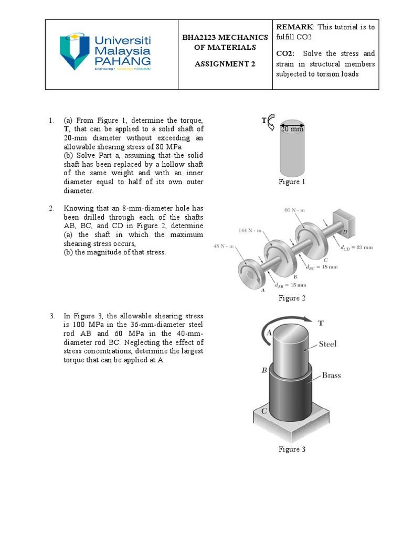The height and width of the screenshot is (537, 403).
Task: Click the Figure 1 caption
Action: point(292,182)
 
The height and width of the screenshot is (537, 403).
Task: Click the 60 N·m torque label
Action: point(294,210)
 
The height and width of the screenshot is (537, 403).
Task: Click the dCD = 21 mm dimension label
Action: point(356,247)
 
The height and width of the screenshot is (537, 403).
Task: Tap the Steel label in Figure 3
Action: point(327,344)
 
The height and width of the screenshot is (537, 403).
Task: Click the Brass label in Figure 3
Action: point(332,375)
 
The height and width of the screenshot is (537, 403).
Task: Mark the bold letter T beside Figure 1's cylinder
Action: point(264,121)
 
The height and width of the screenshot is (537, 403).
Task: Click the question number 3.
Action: point(52,316)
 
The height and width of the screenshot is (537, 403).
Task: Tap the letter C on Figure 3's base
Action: point(265,412)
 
